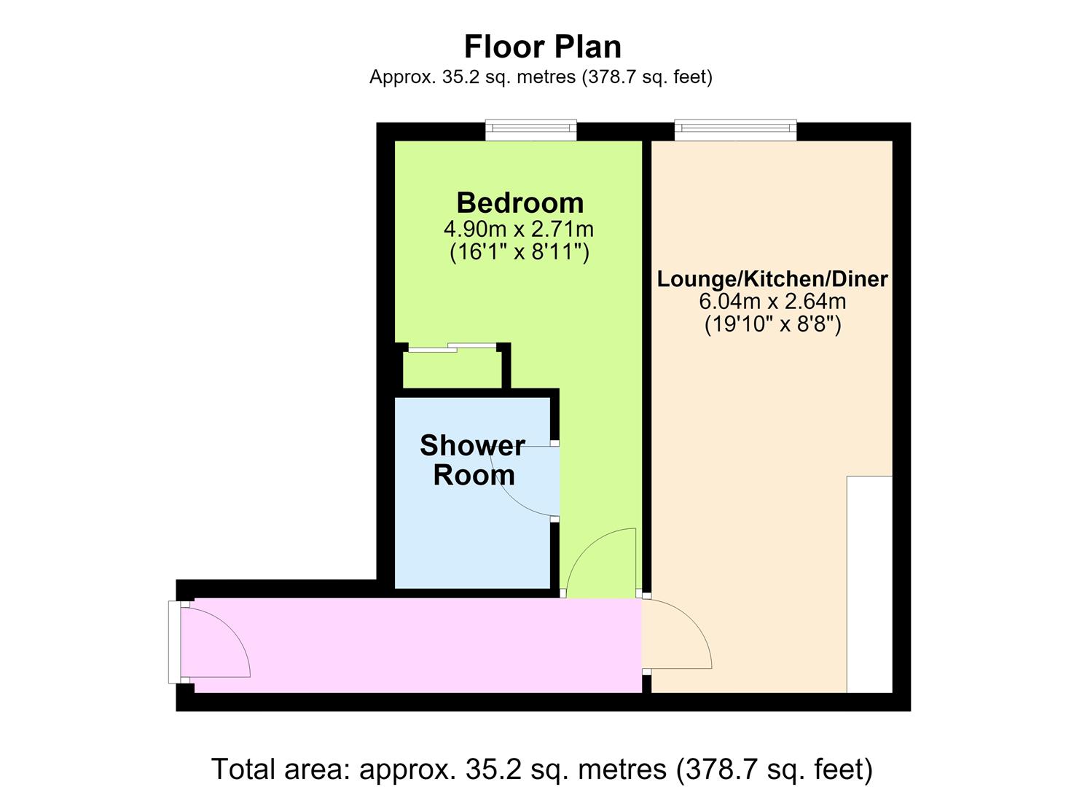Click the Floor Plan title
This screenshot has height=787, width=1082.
click(x=542, y=47)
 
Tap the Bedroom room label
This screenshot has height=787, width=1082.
click(x=520, y=203)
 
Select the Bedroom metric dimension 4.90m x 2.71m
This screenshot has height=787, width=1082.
click(x=519, y=229)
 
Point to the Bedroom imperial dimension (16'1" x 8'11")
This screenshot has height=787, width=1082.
click(x=520, y=252)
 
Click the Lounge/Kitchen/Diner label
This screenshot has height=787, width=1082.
click(x=772, y=279)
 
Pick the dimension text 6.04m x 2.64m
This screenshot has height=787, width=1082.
click(x=772, y=302)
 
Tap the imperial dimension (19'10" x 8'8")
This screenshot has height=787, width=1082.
click(x=773, y=324)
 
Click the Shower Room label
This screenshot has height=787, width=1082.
click(x=472, y=460)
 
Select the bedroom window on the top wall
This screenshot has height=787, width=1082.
click(x=531, y=130)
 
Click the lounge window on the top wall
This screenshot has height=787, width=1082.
click(x=735, y=130)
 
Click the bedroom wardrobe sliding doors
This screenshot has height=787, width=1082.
click(x=452, y=348)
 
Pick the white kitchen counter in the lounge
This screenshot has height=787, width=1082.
click(x=869, y=584)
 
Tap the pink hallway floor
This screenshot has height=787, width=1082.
click(x=418, y=646)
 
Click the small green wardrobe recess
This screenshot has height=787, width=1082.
click(x=452, y=370)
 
